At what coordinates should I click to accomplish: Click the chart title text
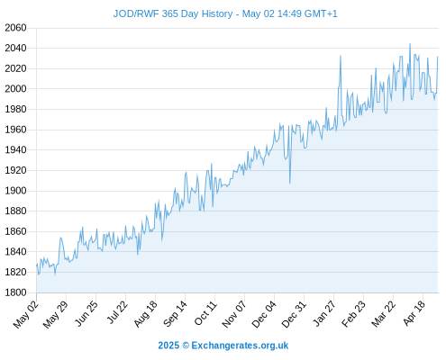click(225, 13)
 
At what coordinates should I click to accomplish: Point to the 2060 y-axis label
click(15, 28)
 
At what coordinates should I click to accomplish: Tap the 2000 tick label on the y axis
click(15, 89)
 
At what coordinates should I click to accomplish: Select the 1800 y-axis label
click(15, 292)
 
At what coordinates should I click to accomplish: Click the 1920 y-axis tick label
click(15, 170)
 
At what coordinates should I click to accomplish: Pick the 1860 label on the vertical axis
click(15, 231)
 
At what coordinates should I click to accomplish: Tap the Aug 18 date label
click(145, 314)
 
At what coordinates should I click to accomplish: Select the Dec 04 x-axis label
click(264, 314)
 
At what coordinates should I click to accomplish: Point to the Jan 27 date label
click(324, 313)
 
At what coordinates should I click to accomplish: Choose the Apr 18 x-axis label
click(414, 313)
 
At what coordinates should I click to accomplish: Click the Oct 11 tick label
click(205, 313)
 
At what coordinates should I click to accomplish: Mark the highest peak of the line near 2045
click(410, 44)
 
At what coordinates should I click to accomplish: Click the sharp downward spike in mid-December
click(290, 183)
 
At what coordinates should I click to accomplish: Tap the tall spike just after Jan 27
click(341, 56)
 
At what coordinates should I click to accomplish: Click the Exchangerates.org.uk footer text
click(240, 346)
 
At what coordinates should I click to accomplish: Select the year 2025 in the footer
click(168, 346)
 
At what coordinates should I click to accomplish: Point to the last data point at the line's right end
click(438, 57)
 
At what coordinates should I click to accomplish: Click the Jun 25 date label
click(86, 313)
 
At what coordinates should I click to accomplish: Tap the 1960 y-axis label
click(15, 130)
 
